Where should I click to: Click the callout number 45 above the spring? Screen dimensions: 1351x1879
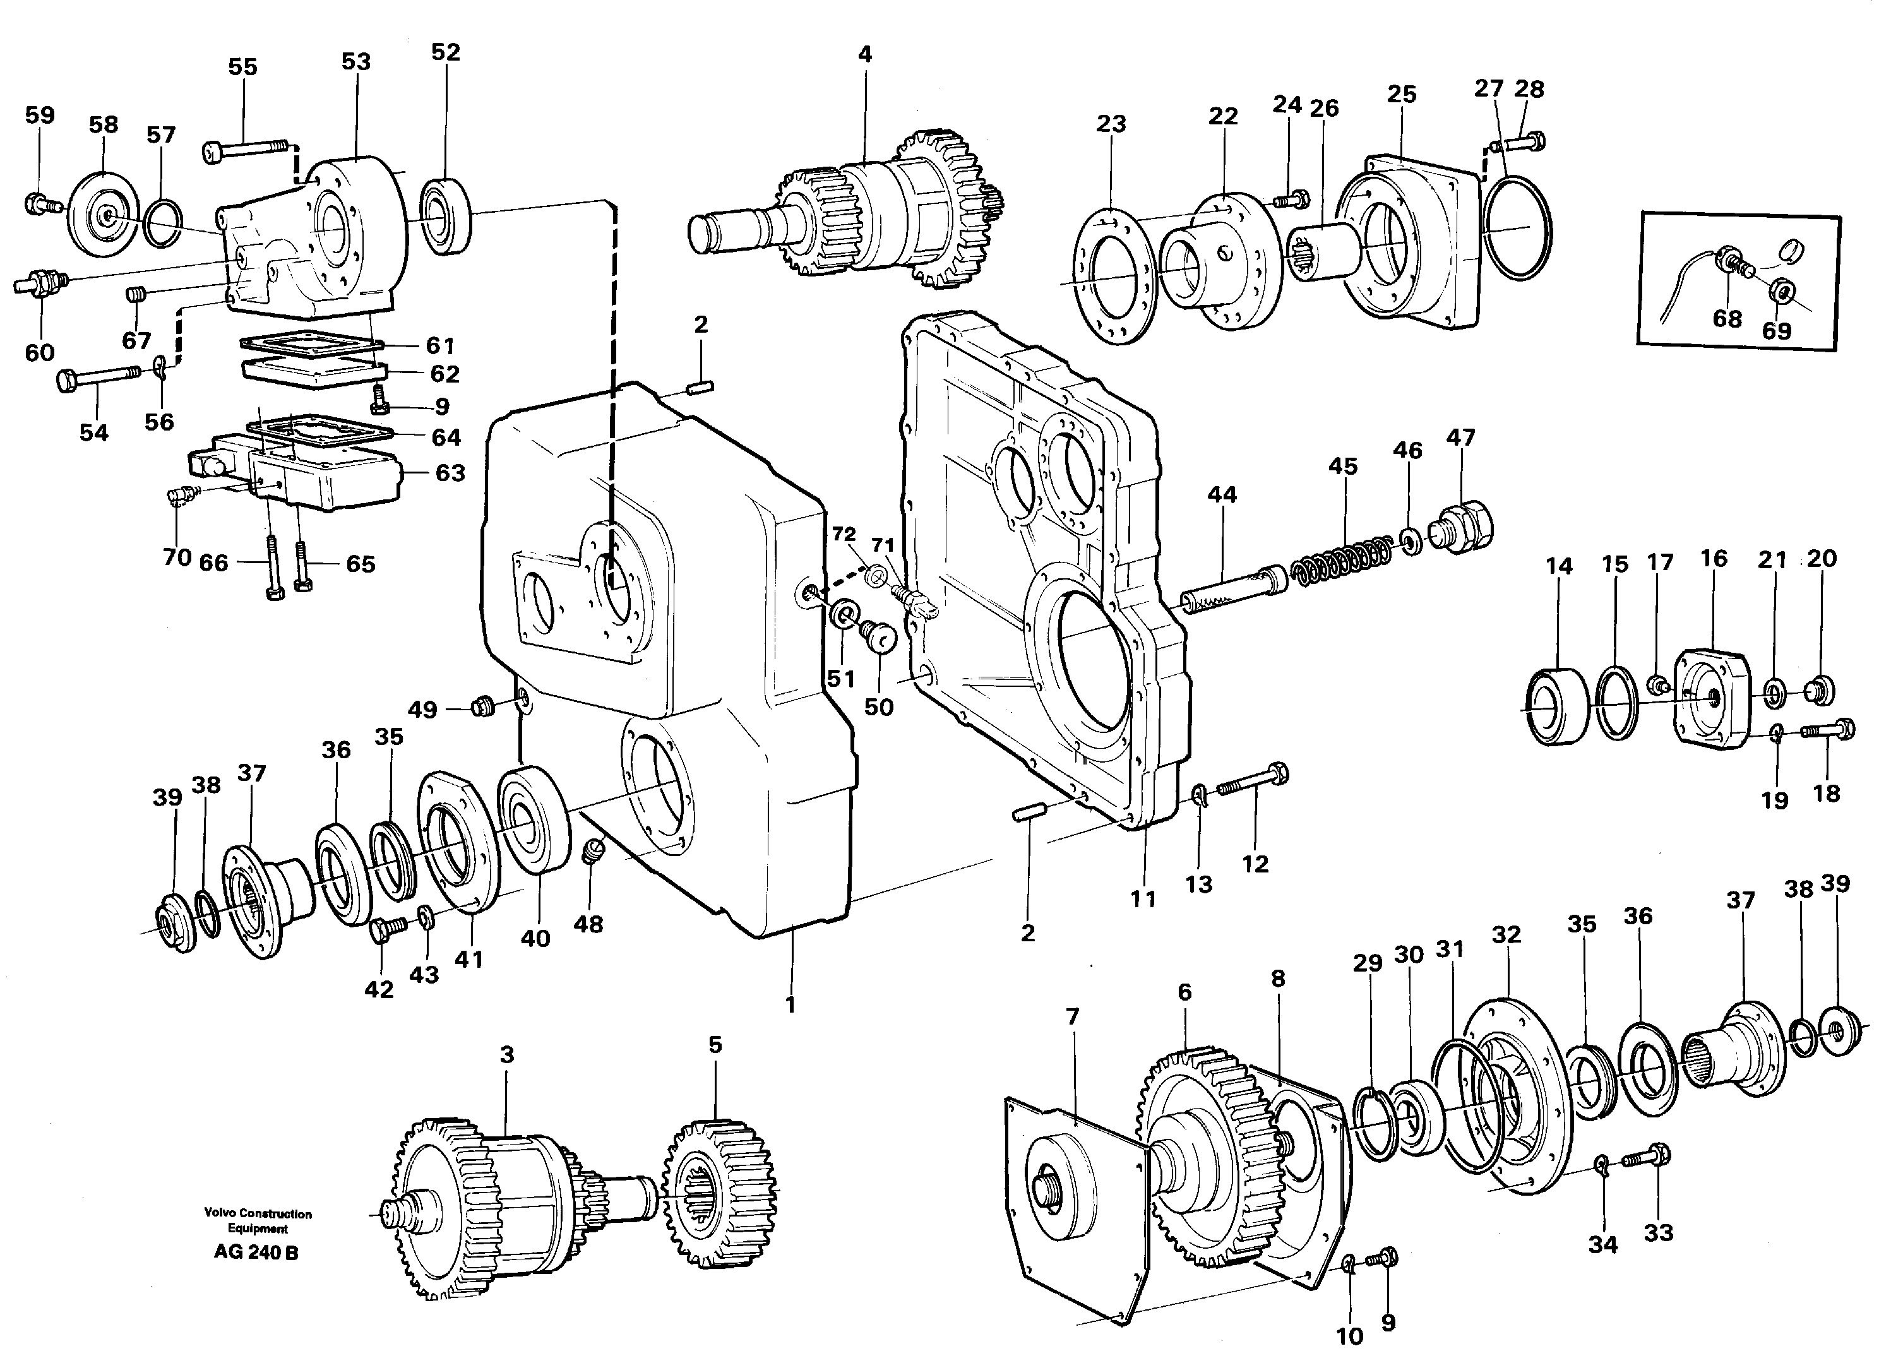point(1343,467)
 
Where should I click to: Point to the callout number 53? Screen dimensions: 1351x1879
point(355,62)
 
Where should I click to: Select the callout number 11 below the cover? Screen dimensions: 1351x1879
point(1143,899)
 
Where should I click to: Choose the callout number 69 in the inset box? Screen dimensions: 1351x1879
point(1775,331)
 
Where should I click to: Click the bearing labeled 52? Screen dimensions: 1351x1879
point(446,216)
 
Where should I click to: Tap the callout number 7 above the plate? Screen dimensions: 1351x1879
point(1073,1016)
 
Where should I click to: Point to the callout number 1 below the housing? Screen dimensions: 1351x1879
point(790,1005)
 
